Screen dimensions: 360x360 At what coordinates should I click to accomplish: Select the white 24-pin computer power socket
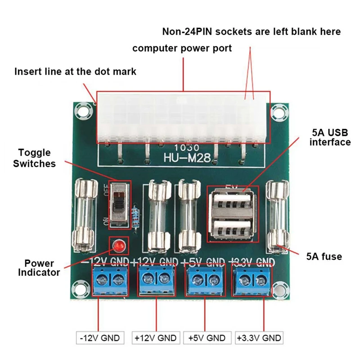[183, 117]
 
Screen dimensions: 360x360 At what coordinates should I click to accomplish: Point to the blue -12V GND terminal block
[110, 280]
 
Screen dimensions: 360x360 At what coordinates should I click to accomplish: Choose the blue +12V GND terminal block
[156, 280]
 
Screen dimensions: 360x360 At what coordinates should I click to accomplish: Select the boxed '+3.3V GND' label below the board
[258, 337]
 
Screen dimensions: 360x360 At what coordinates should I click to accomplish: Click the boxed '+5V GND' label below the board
[207, 337]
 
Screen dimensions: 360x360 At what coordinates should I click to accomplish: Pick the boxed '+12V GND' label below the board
[156, 337]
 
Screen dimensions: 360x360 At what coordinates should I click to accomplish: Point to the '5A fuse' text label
[324, 257]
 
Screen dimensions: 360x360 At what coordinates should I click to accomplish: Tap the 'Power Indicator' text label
[40, 268]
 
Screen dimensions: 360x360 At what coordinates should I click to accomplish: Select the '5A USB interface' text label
[331, 138]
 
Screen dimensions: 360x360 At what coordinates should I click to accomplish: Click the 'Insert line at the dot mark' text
[75, 72]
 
